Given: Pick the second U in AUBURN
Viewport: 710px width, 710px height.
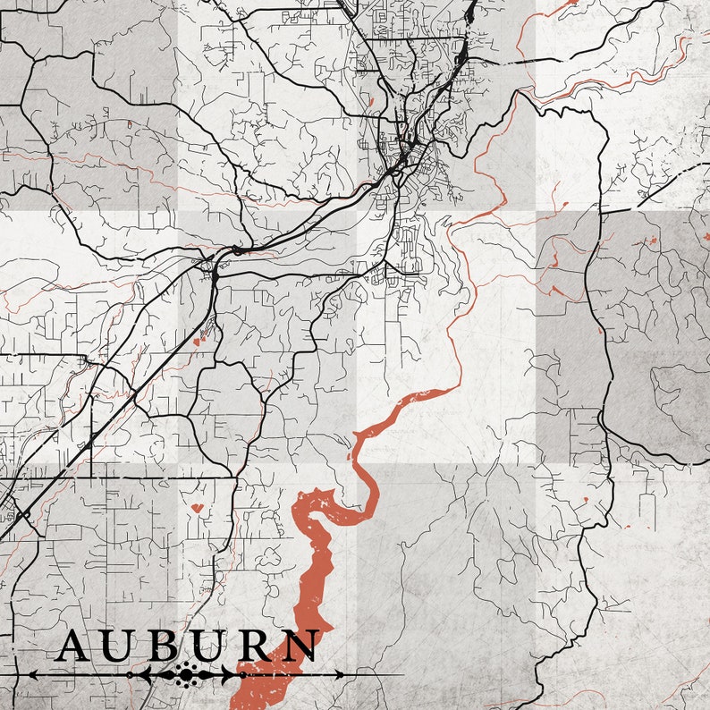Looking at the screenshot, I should click(207, 646).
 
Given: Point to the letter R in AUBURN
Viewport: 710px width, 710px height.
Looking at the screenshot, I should click(255, 646).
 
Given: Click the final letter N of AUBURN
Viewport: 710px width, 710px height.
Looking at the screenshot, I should click(302, 646).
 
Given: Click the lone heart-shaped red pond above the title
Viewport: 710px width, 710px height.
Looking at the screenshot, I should click(197, 508).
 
